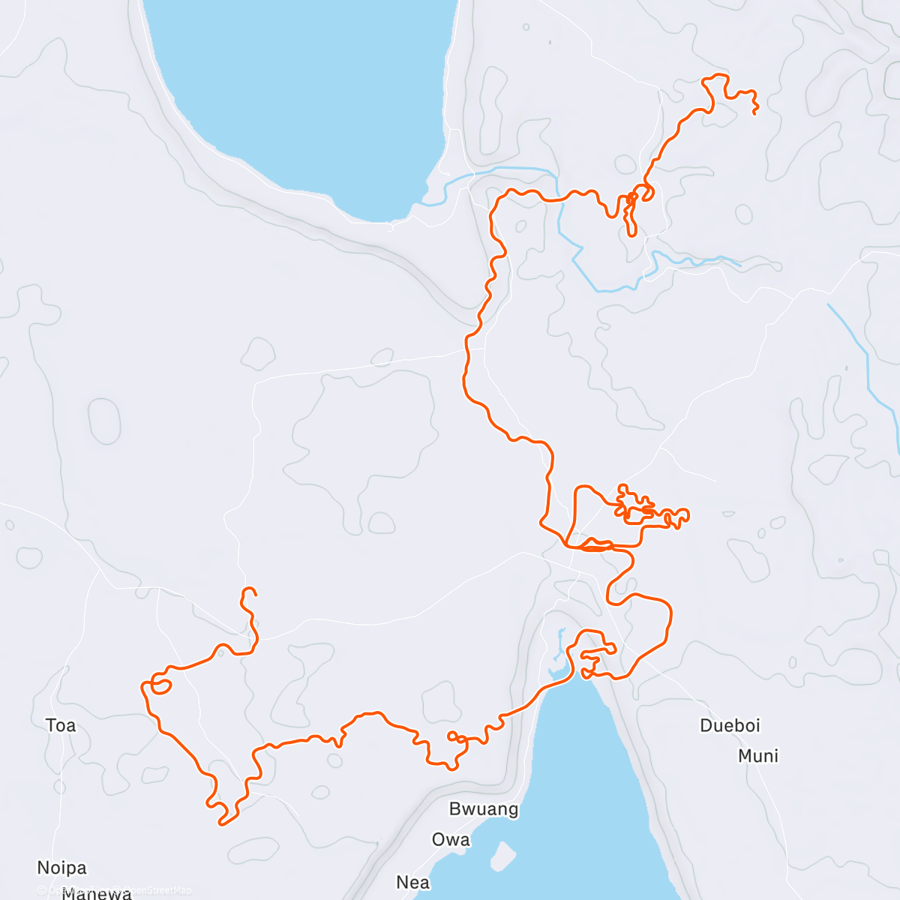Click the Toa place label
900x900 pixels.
pos(61,725)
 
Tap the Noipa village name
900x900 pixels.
pos(61,868)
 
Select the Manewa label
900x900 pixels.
pos(96,893)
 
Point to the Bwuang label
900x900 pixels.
pos(484,809)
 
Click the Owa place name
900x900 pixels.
pos(451,839)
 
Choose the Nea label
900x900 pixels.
pos(412,882)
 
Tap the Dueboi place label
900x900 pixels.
pos(730,725)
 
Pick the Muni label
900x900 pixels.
pos(758,755)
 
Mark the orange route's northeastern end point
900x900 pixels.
pos(754,112)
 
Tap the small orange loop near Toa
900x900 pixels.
pos(160,683)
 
